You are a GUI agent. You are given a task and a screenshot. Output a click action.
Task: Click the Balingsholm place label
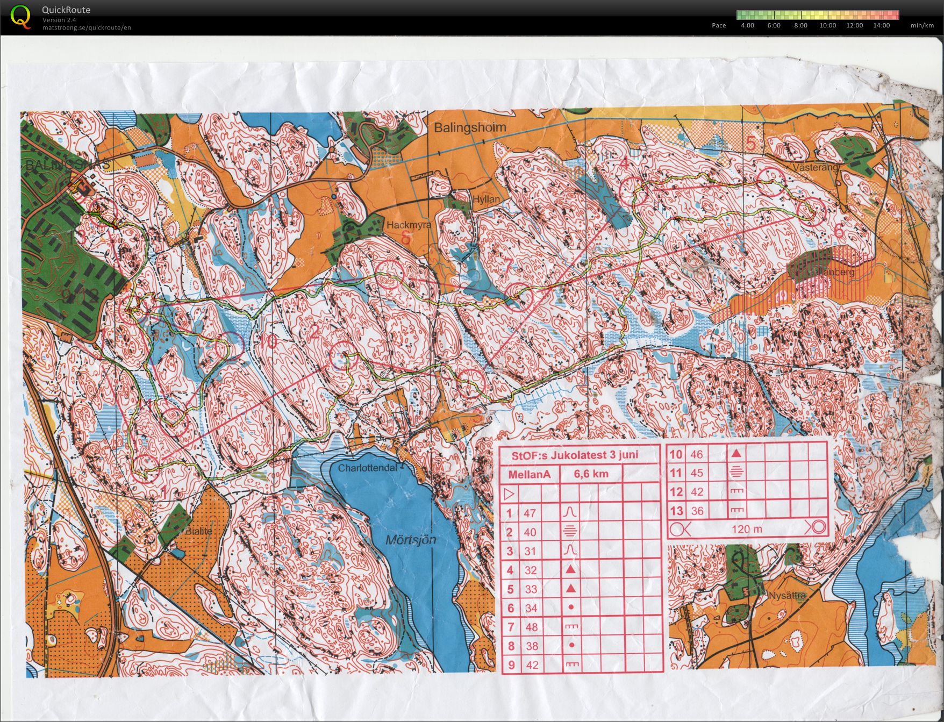click(470, 127)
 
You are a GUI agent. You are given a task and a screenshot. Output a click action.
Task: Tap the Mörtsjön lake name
click(411, 540)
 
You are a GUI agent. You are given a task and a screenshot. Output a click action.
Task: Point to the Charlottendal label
click(367, 468)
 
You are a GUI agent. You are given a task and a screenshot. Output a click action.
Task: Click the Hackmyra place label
click(409, 225)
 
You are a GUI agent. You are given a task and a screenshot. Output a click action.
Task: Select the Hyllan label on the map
click(486, 199)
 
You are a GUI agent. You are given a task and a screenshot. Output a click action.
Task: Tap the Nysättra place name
click(787, 595)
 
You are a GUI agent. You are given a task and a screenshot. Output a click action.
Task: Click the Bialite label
click(199, 531)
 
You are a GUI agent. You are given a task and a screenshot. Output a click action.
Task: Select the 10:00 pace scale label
click(827, 25)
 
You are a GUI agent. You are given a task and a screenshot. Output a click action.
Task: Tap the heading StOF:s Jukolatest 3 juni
click(575, 455)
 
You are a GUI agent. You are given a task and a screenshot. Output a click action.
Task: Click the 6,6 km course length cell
click(591, 474)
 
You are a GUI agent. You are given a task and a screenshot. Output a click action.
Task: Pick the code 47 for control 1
click(530, 513)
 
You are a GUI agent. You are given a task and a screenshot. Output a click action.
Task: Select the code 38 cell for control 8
click(531, 646)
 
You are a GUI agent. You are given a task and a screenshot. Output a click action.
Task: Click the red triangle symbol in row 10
click(736, 453)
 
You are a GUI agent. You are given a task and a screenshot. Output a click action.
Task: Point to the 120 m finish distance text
click(747, 529)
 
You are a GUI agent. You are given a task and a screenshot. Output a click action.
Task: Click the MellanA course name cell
click(530, 474)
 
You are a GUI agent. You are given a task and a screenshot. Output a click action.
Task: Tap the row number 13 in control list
click(676, 511)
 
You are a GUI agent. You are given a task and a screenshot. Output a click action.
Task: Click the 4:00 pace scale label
click(747, 25)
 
